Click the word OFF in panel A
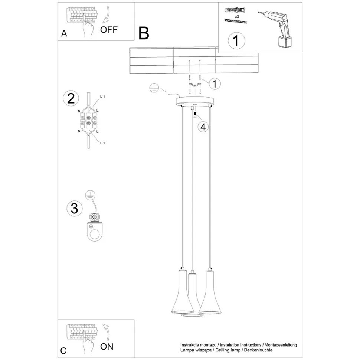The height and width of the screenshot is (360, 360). [x=109, y=30]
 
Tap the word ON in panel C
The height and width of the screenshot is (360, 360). [x=107, y=347]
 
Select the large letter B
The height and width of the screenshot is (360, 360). [x=144, y=33]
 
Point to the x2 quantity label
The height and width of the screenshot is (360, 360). [x=237, y=17]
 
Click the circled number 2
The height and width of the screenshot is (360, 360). [x=71, y=98]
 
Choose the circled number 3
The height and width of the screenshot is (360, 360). [x=74, y=208]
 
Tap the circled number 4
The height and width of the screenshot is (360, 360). [x=203, y=127]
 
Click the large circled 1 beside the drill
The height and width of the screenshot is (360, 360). [x=236, y=40]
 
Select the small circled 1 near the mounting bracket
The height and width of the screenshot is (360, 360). [x=215, y=84]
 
